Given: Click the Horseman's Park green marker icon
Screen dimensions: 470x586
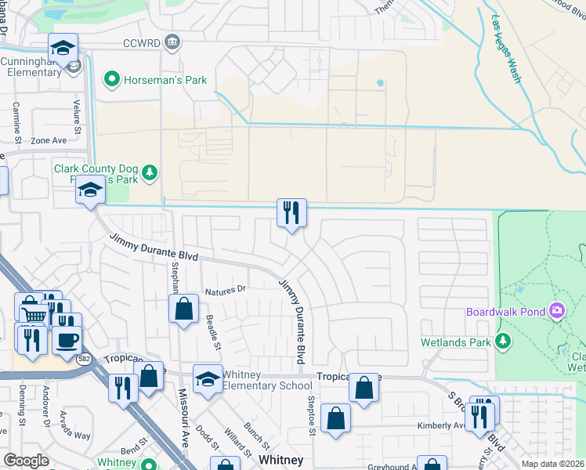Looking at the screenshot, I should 111,78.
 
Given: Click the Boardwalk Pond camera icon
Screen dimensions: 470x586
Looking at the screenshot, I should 557,311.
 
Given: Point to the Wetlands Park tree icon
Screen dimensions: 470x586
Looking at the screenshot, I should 502,342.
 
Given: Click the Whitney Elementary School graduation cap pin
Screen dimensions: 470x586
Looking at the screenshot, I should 207,380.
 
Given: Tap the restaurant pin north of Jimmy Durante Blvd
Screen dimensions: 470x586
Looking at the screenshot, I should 291,212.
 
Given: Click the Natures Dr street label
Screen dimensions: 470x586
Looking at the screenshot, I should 226,290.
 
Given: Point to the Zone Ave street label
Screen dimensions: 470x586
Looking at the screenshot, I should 49,141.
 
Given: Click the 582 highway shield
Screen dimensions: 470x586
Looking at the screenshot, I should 84,359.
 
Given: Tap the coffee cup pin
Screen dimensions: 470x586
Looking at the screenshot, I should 67,341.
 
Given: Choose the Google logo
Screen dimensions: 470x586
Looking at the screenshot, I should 26,461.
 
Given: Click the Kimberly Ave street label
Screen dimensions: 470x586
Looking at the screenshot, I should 441,426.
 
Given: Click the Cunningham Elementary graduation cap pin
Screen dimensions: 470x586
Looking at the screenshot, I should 63,49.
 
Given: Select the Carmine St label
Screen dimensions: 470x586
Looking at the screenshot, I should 16,119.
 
